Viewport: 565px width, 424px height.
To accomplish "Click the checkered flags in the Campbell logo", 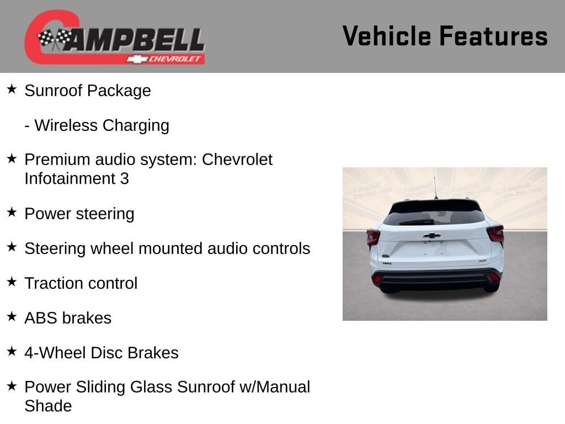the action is coord(55,39).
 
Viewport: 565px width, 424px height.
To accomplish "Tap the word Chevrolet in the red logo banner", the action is coord(175,59).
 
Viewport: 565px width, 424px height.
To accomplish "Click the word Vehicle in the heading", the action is coord(387,36).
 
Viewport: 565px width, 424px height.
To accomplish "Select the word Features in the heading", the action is coord(494,36).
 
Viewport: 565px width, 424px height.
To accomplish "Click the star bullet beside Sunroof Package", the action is coord(12,89).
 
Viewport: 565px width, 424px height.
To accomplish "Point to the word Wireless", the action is coord(66,125).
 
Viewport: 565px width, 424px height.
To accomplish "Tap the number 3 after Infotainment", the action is coord(124,178).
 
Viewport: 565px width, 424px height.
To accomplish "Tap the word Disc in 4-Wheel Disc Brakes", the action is coord(107,353).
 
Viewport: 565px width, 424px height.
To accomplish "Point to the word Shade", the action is coord(49,406).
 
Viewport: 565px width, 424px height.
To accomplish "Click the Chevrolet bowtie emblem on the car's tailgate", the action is coord(431,235).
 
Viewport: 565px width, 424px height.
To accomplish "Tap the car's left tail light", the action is coord(373,237).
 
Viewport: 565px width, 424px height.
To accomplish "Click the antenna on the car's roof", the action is coord(435,188).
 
